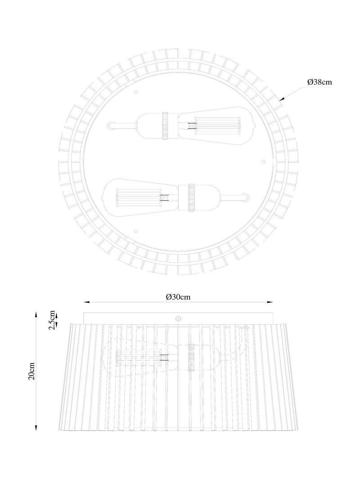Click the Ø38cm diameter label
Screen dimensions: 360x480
coord(319,82)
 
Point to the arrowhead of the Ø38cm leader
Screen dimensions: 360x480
coord(282,99)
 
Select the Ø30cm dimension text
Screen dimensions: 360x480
coord(178,297)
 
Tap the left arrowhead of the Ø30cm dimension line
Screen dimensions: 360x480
coord(87,302)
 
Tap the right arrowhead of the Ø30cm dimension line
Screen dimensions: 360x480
coord(270,302)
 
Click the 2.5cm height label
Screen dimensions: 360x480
coord(52,320)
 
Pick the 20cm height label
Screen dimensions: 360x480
coord(31,371)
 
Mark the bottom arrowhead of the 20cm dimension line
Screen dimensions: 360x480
coord(36,428)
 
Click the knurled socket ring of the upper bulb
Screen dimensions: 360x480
coord(166,126)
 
